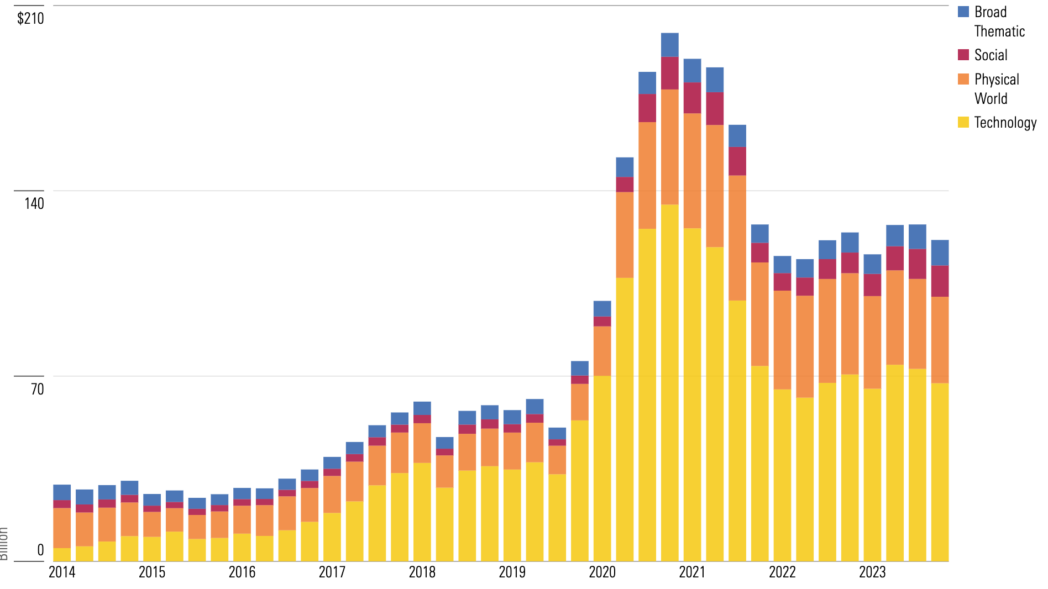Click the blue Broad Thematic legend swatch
[963, 12]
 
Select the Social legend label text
[991, 55]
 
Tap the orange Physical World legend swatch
[963, 79]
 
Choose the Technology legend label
[1005, 123]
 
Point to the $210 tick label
[30, 19]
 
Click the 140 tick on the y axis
[34, 203]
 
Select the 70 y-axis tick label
[37, 389]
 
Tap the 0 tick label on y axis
[40, 550]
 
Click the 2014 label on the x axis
[62, 572]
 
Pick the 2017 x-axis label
[332, 572]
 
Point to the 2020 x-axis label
[602, 572]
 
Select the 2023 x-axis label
[872, 572]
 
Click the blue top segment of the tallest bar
[669, 45]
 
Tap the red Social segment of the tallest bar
[669, 73]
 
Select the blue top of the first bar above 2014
[62, 492]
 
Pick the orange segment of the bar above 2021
[692, 171]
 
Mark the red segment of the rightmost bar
[940, 281]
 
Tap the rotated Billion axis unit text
[4, 544]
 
